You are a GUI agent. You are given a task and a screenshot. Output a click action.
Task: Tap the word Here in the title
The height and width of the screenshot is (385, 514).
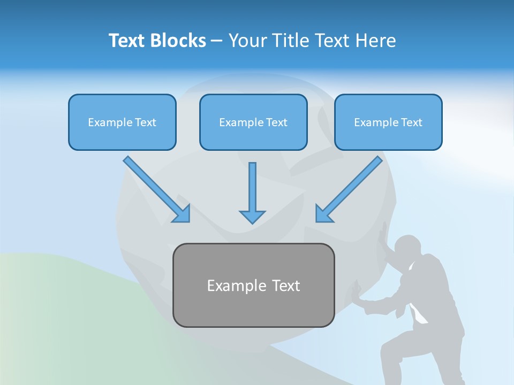376,41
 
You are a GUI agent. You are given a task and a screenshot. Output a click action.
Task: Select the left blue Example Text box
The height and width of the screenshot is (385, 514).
122,122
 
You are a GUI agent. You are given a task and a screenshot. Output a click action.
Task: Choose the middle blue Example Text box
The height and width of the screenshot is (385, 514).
253,122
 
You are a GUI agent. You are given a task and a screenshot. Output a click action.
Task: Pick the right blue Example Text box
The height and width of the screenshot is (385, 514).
388,122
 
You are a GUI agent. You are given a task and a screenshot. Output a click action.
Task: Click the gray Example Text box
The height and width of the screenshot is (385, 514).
253,285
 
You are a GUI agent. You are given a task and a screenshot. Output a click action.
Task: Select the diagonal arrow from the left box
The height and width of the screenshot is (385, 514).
156,189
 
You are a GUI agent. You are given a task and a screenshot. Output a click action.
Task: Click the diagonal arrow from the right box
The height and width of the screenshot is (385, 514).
349,189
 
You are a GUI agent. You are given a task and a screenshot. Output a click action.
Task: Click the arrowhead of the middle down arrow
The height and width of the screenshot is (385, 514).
252,216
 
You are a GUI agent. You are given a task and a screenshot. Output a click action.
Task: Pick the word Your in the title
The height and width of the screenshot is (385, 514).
247,41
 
